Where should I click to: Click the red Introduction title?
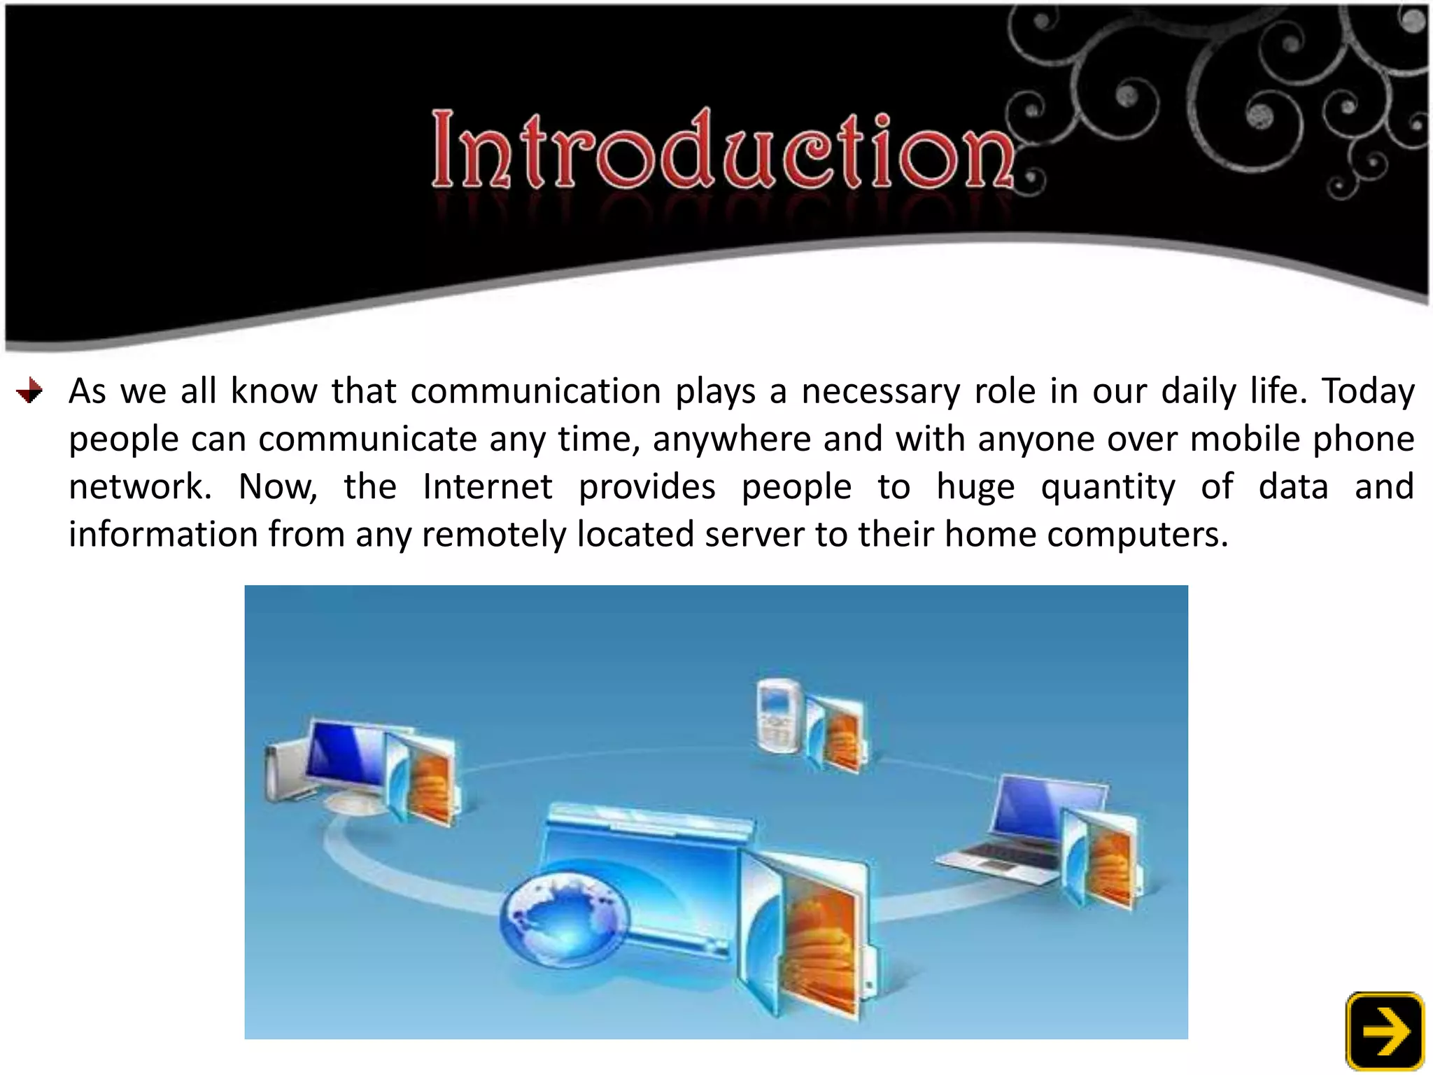[x=722, y=148]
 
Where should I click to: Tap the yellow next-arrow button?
[x=1385, y=1030]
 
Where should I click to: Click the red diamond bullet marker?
[x=29, y=391]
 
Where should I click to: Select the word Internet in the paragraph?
[x=487, y=486]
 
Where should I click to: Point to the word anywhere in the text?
[x=732, y=440]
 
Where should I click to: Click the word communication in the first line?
[x=535, y=391]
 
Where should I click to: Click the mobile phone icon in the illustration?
[x=779, y=715]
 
